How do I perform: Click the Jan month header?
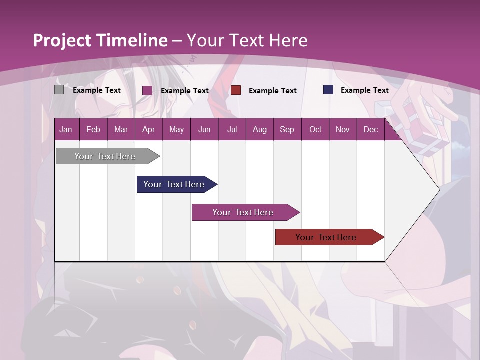[66, 129]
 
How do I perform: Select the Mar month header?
[121, 129]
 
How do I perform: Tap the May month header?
[176, 129]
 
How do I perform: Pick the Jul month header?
[232, 129]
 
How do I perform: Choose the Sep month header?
[287, 129]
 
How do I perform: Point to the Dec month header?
[370, 129]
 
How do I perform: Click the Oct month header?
[315, 129]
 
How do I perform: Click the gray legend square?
[59, 90]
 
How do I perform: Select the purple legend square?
[147, 90]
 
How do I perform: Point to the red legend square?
[236, 90]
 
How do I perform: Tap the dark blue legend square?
[328, 90]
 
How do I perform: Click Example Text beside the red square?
[273, 91]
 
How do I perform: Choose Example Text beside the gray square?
[97, 90]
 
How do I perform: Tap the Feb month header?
[93, 129]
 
